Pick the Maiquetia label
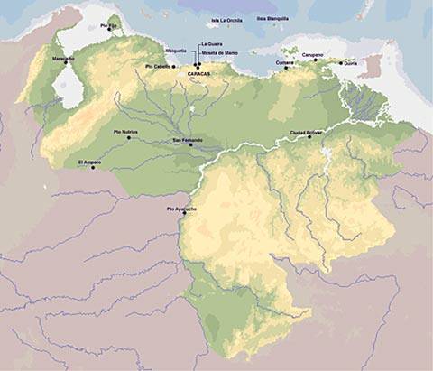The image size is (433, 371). (x=176, y=51)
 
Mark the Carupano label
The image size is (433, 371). (x=311, y=54)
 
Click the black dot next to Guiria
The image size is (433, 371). (x=341, y=63)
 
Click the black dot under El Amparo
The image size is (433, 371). (x=92, y=168)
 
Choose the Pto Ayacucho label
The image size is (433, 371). (x=182, y=209)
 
